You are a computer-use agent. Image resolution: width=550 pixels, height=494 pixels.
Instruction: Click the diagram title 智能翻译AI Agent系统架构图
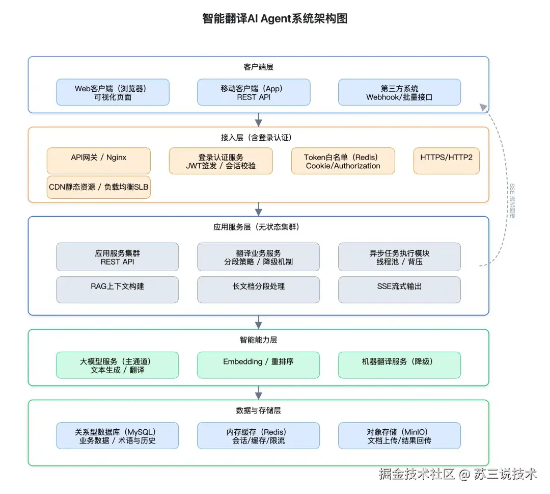[274, 19]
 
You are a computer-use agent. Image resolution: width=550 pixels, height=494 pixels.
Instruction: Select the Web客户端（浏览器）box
[113, 92]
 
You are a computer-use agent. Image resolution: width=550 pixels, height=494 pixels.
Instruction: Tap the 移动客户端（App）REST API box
[254, 92]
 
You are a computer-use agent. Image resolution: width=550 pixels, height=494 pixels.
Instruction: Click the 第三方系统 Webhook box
[399, 92]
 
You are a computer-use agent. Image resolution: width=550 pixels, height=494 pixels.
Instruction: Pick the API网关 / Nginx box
[98, 161]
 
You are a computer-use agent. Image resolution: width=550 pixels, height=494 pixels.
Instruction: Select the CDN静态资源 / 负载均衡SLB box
[98, 187]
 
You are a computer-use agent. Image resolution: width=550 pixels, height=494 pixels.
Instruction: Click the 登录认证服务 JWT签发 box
[221, 161]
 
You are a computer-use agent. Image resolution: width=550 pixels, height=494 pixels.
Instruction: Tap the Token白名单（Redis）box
[343, 161]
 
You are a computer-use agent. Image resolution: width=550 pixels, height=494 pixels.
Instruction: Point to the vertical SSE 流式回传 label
[512, 201]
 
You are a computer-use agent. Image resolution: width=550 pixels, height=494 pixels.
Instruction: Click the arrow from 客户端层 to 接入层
[259, 120]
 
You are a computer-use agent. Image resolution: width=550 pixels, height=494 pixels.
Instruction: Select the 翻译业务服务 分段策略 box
[258, 257]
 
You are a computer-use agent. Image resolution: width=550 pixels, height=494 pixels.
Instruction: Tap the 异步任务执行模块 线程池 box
[399, 257]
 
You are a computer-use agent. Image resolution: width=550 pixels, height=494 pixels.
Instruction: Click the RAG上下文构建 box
[117, 290]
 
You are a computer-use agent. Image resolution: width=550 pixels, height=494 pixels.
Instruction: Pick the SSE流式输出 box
[399, 290]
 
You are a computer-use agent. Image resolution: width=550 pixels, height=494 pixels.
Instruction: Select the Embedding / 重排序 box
[258, 365]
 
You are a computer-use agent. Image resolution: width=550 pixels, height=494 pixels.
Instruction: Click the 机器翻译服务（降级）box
[399, 365]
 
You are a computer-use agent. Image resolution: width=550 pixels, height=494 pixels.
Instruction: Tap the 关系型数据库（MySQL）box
[117, 436]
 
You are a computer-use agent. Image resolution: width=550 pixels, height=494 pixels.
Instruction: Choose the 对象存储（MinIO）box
[399, 436]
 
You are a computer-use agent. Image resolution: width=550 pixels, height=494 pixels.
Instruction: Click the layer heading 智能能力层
[258, 340]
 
